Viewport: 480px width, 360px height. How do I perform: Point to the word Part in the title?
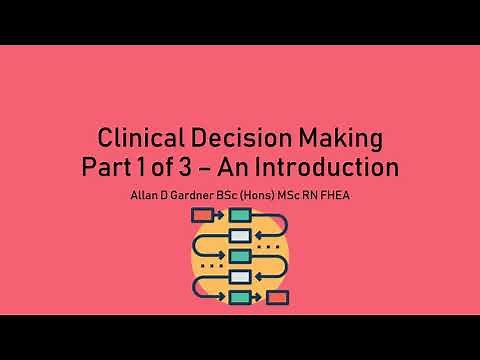coord(107,165)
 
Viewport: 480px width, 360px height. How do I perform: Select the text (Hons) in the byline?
coord(260,193)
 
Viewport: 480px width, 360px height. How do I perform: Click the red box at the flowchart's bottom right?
coord(278,297)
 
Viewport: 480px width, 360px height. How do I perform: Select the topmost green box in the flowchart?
coord(240,215)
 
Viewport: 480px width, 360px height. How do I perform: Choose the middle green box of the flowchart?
coord(240,256)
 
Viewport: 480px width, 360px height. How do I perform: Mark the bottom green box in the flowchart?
coord(240,297)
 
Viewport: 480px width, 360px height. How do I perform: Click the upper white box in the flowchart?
coord(240,236)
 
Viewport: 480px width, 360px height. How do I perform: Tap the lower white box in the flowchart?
coord(240,277)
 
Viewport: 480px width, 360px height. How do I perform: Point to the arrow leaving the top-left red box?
coord(221,215)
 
